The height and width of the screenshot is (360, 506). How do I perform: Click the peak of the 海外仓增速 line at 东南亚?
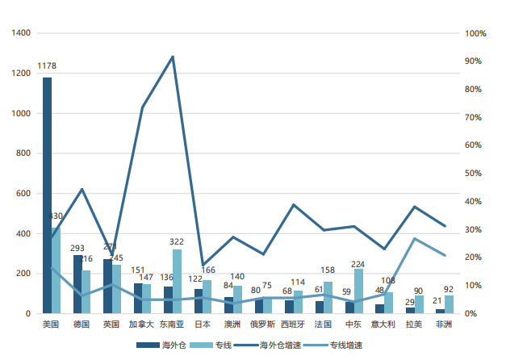(x=173, y=57)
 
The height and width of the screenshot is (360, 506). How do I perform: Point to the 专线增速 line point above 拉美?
(x=414, y=238)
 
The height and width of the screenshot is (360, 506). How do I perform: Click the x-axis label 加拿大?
(x=142, y=324)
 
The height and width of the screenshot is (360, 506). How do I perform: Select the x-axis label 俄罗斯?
(x=262, y=324)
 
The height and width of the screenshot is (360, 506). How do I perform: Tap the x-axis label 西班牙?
(x=293, y=324)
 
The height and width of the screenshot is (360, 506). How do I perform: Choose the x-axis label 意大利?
(x=383, y=324)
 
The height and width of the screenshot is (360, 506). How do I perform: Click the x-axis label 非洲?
(x=444, y=324)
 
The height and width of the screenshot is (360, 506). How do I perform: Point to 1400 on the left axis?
(x=22, y=33)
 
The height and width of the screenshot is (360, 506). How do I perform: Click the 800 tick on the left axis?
(x=24, y=153)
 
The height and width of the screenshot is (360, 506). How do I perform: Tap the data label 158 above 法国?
(x=328, y=270)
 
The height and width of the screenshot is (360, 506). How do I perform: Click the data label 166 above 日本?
(x=207, y=270)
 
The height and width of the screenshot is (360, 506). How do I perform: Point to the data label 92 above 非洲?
(x=449, y=289)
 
